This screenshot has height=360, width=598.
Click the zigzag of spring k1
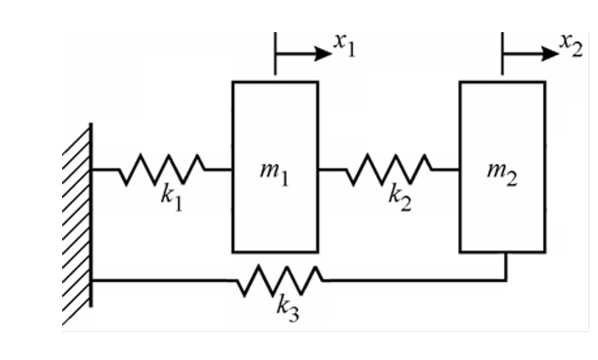point(162,169)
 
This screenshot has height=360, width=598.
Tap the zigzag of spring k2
point(389,169)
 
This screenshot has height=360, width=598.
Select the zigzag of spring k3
point(280,281)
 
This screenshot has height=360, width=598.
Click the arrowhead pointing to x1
point(323,54)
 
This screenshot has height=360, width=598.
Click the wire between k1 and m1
point(219,169)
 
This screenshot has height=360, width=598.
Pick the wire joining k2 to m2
point(446,169)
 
